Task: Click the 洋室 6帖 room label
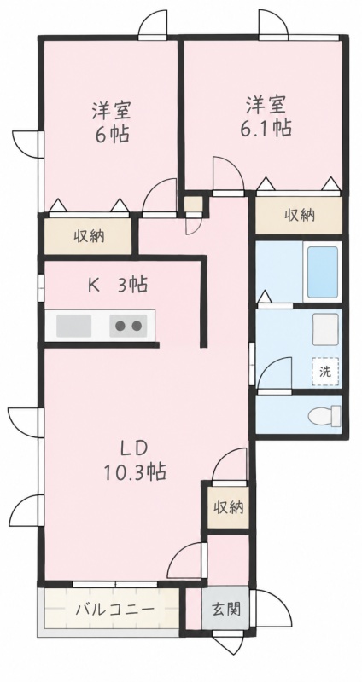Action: click(x=111, y=122)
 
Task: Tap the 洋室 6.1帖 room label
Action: click(x=266, y=116)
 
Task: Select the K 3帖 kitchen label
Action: click(x=118, y=285)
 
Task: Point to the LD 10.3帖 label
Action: click(x=134, y=459)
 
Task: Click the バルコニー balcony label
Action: click(x=115, y=609)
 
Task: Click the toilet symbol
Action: click(x=324, y=416)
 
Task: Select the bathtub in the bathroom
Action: click(x=323, y=272)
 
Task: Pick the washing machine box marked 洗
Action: click(x=325, y=372)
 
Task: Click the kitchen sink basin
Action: click(x=73, y=326)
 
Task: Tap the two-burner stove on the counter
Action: click(x=128, y=326)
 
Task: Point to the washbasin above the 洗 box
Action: click(x=325, y=330)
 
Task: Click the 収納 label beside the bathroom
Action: click(x=301, y=215)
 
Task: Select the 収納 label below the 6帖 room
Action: click(x=89, y=236)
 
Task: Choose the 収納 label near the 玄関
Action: click(x=228, y=507)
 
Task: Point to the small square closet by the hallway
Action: click(x=194, y=205)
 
